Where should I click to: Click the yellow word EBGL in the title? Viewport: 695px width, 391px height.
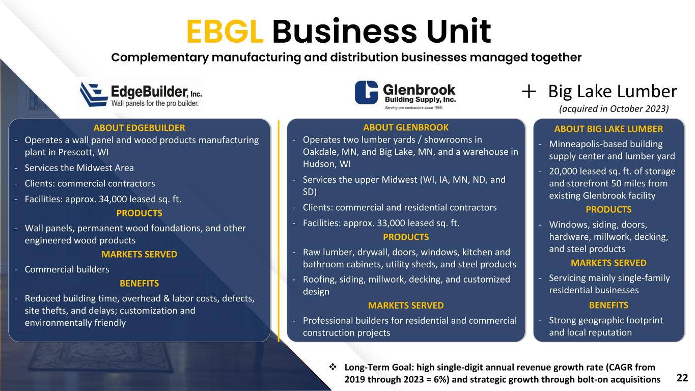[x=225, y=32]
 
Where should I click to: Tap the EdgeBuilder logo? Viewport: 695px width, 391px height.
[x=141, y=94]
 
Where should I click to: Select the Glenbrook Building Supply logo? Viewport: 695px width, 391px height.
[x=405, y=94]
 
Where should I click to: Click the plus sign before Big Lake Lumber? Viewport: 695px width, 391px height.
[x=529, y=92]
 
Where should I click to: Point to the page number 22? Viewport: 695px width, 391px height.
[x=682, y=377]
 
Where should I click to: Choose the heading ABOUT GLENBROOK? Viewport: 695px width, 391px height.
[x=405, y=127]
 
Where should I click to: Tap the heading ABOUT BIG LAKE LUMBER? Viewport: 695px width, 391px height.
[x=608, y=129]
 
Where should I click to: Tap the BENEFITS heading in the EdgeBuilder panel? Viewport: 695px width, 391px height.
[x=139, y=283]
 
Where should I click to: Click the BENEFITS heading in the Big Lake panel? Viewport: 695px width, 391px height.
[x=608, y=305]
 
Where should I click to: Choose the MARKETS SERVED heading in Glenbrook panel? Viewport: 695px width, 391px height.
[x=405, y=305]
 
